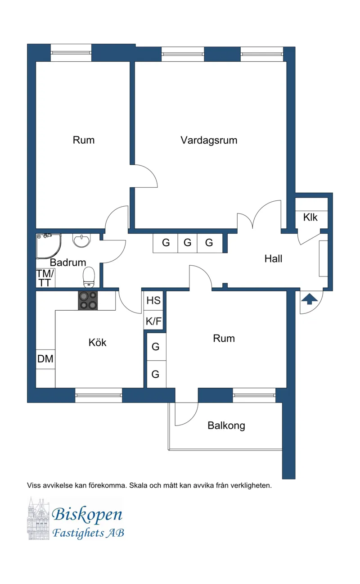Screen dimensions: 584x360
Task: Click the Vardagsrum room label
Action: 209,140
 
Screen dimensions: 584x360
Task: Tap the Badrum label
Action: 68,263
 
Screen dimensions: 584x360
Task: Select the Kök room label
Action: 98,343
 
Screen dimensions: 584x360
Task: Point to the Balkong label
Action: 226,426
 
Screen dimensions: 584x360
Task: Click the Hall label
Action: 273,259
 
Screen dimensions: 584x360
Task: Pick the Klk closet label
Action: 310,217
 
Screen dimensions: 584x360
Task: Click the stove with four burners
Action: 88,301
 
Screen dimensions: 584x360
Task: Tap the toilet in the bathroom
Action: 89,276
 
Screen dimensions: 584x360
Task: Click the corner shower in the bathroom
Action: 47,245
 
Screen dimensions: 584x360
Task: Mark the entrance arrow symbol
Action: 309,299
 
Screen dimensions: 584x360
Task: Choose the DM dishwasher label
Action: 45,359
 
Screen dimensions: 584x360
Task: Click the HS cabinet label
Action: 153,301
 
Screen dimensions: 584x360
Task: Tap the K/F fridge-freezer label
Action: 153,321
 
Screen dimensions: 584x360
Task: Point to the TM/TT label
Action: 45,278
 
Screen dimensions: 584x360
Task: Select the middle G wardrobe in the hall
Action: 187,243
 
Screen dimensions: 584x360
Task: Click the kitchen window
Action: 99,395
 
